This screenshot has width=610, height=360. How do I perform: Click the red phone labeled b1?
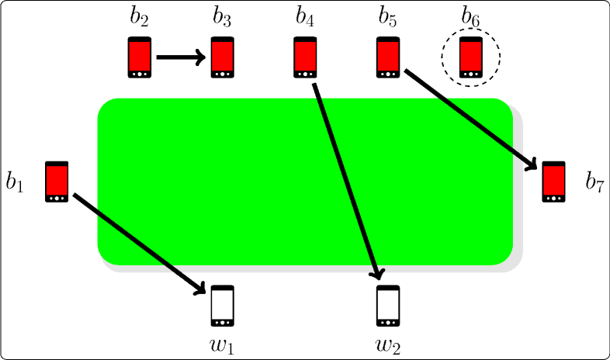tap(57, 182)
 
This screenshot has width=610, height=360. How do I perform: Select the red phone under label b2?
tap(140, 57)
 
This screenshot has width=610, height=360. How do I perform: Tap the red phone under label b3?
tap(223, 57)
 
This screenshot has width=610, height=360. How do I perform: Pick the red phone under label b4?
tap(305, 57)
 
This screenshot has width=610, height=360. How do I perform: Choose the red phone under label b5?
tap(388, 57)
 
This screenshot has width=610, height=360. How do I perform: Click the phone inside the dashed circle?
tap(471, 57)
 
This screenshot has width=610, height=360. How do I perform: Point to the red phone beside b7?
tap(553, 182)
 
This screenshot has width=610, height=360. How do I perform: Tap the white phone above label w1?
tap(223, 306)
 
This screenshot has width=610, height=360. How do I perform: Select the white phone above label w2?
tap(388, 306)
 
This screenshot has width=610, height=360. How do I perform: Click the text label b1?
tap(16, 183)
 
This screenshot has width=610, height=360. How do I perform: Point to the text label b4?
tap(305, 17)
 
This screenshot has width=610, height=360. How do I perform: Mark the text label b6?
tap(471, 17)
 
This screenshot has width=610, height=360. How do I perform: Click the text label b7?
tap(594, 183)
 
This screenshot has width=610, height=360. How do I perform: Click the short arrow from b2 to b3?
tap(181, 57)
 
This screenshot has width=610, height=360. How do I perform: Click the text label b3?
tap(223, 17)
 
